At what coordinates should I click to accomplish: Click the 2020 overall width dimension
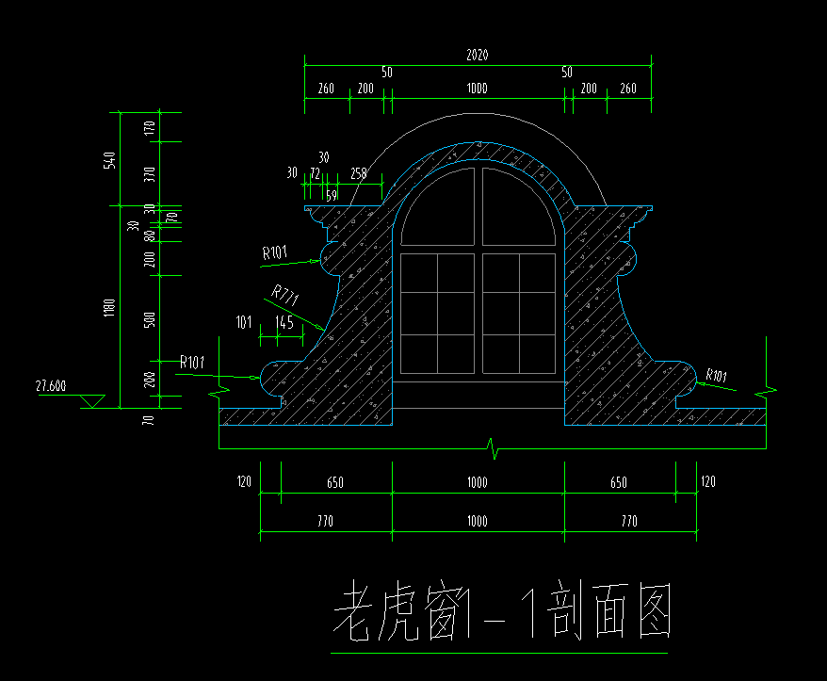(478, 55)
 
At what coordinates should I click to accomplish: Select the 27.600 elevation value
(51, 386)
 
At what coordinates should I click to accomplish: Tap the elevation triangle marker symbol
(92, 401)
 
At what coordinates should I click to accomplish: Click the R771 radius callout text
(285, 294)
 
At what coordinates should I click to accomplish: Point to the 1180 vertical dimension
(109, 307)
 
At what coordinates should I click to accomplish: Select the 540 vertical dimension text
(109, 160)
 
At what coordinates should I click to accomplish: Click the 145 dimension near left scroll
(284, 322)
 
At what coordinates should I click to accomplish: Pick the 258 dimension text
(359, 173)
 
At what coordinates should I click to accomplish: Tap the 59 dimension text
(332, 196)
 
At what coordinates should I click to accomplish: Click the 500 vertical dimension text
(150, 319)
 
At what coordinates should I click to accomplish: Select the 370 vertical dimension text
(150, 174)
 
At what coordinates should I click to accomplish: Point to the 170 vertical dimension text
(150, 128)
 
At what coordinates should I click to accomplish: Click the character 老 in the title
(351, 610)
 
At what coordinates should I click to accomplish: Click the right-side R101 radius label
(716, 375)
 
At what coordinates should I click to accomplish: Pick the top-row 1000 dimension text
(478, 89)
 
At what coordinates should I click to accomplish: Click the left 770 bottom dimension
(325, 521)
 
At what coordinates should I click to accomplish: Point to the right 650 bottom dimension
(619, 482)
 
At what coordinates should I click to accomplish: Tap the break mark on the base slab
(494, 448)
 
